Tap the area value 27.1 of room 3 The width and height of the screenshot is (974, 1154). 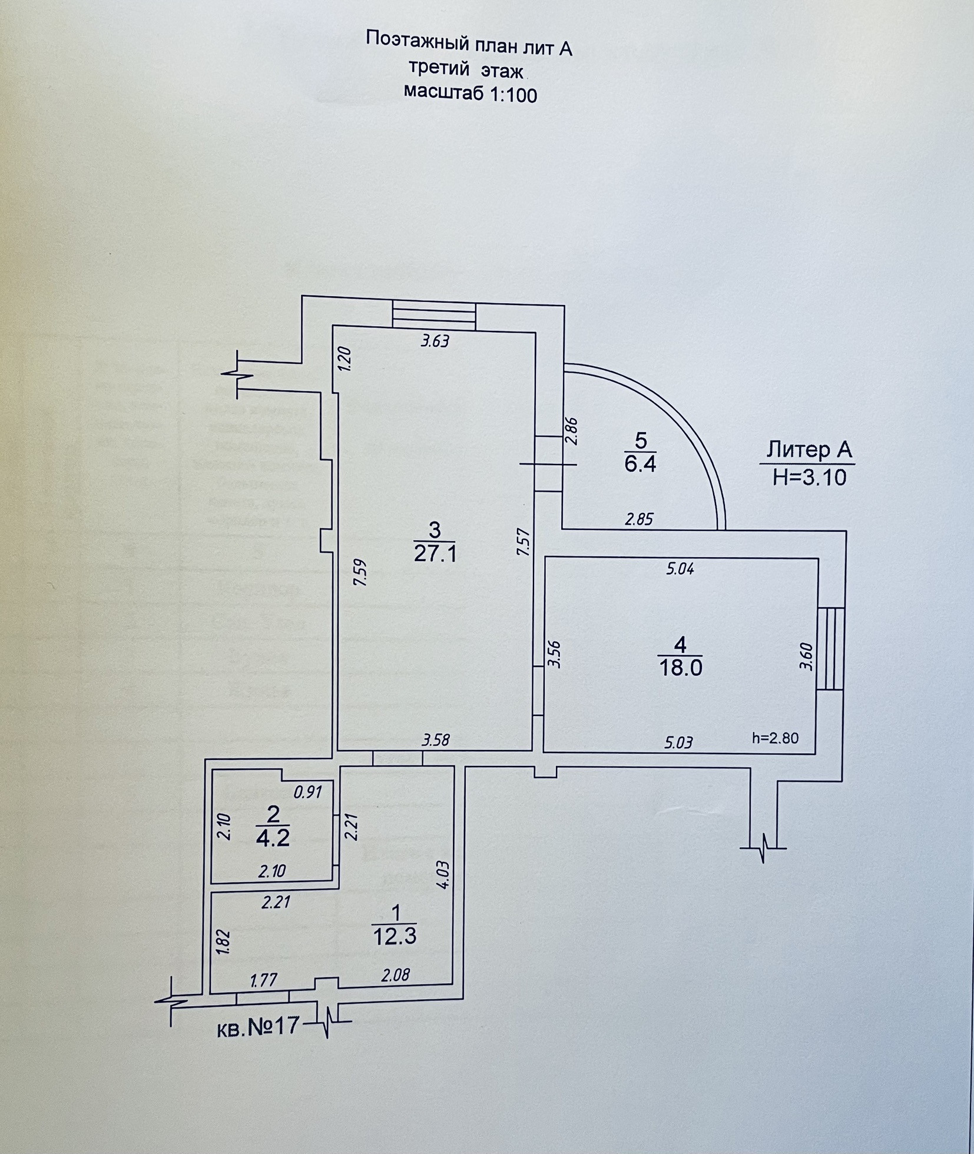coord(435,554)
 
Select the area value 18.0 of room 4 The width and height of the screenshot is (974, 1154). coord(680,668)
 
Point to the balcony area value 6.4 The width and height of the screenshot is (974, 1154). coord(640,464)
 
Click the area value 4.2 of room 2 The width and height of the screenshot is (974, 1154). coord(273,837)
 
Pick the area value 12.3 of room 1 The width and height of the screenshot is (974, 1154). coord(395,936)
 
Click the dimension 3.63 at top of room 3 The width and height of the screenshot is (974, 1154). coord(435,341)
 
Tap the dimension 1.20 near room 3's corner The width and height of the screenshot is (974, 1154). coord(345,359)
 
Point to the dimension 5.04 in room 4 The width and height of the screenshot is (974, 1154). coord(680,569)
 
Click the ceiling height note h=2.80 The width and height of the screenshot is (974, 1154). coord(776,738)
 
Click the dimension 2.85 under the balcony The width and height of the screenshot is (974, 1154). coord(640,519)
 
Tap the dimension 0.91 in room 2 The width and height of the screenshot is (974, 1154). coord(307,792)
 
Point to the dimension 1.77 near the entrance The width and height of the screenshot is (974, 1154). coord(264,980)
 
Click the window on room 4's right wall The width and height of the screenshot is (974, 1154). coord(830,648)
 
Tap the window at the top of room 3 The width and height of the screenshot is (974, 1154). coord(434,314)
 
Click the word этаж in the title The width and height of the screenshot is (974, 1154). coord(502,71)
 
